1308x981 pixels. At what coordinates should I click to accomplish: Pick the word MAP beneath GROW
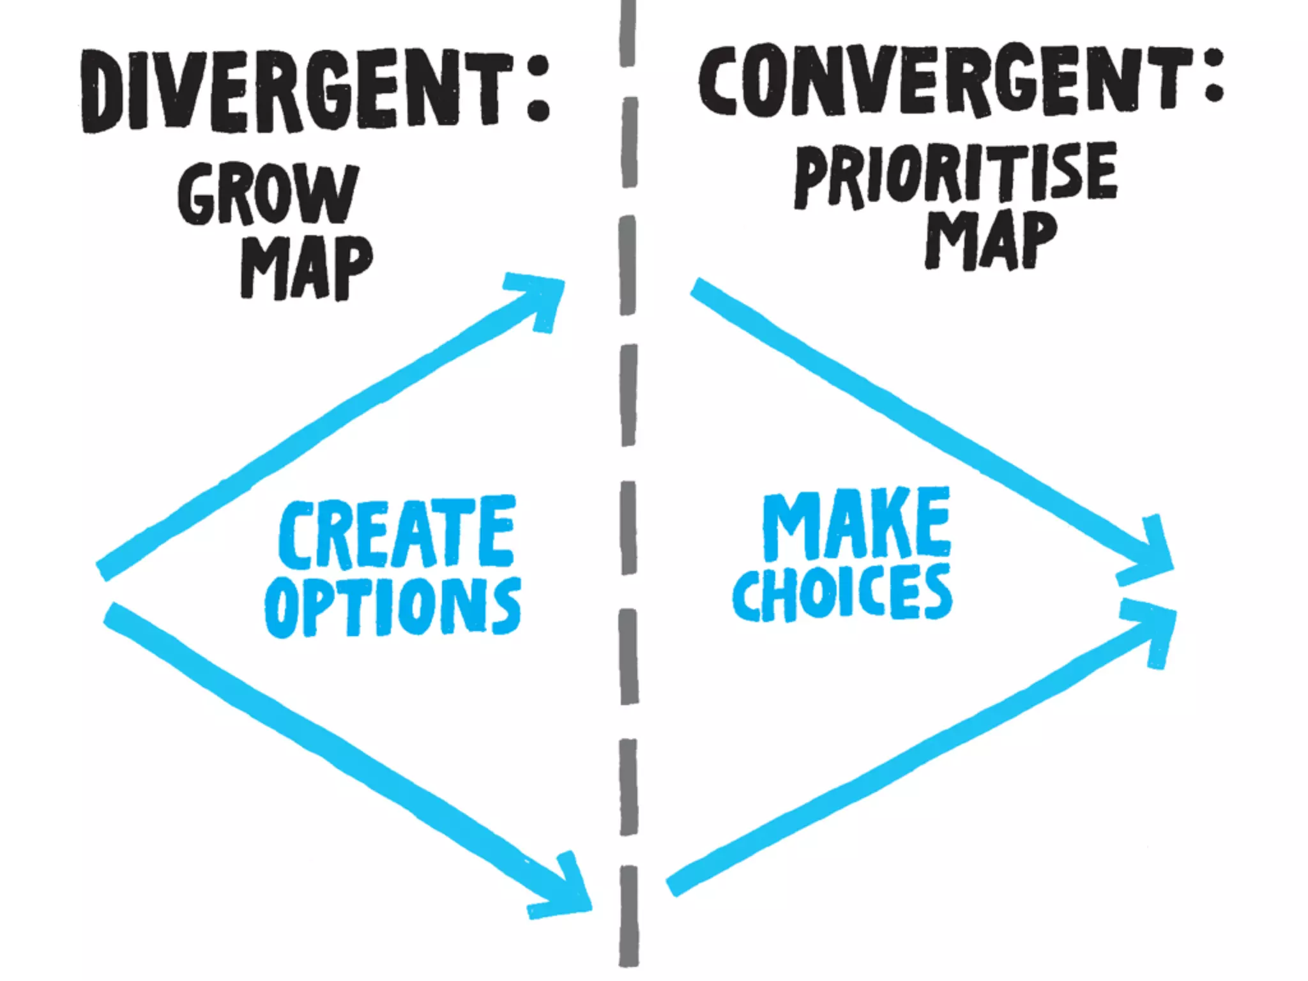pyautogui.click(x=306, y=268)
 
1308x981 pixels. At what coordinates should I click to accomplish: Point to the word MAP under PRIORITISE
pyautogui.click(x=991, y=240)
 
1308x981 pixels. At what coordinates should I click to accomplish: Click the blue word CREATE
pyautogui.click(x=397, y=534)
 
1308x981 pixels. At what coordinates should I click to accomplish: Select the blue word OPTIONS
pyautogui.click(x=393, y=606)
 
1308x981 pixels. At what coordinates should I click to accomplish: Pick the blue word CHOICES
pyautogui.click(x=842, y=593)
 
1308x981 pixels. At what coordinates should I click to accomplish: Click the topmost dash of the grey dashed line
pyautogui.click(x=628, y=32)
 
